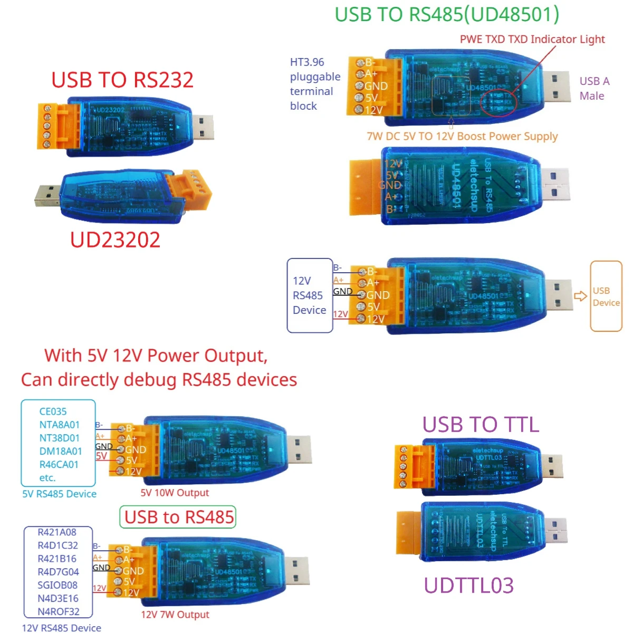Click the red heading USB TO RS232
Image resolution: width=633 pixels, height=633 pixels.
[x=122, y=80]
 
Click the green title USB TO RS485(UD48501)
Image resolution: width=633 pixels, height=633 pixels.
[x=447, y=15]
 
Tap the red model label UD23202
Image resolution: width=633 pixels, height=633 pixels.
[x=115, y=240]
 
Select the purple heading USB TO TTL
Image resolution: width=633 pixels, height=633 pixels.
[x=481, y=425]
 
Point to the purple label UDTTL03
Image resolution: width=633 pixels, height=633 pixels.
[x=469, y=586]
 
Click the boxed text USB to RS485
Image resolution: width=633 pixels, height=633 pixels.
[x=179, y=517]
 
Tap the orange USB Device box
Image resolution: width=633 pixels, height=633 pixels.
[x=606, y=296]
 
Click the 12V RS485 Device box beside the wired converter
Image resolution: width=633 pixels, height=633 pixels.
[x=310, y=295]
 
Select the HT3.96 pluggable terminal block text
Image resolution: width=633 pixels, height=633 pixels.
[x=315, y=84]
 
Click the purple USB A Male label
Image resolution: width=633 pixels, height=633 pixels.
[x=594, y=89]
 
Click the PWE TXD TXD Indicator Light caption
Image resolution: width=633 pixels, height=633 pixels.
[x=532, y=40]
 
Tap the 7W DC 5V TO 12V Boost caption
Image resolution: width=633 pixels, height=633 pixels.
[x=462, y=136]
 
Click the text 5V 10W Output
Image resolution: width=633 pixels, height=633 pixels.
[x=175, y=493]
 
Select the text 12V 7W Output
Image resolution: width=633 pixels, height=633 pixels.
[x=175, y=615]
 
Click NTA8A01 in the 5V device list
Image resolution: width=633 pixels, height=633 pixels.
[x=59, y=425]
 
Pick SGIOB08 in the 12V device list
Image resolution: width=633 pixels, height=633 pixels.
[x=57, y=585]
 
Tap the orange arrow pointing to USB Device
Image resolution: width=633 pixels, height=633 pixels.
[x=580, y=296]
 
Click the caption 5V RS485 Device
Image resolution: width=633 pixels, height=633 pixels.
[x=59, y=494]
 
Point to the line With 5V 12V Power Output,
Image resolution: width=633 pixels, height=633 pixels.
[x=156, y=356]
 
